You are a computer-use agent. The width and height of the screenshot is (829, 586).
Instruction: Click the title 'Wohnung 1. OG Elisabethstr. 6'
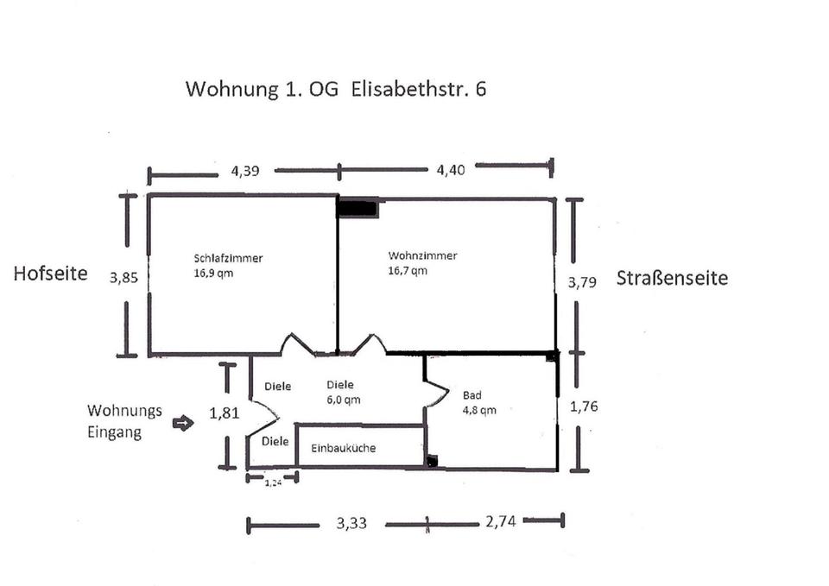point(336,89)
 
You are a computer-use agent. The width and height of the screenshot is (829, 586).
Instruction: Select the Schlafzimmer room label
point(228,265)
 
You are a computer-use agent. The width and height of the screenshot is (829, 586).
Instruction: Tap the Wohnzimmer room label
point(422,262)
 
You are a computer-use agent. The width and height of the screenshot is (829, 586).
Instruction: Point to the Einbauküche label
point(344,448)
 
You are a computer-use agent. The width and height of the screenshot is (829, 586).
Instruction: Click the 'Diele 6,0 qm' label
point(342,393)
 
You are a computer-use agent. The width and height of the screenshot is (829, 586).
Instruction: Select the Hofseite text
point(51,274)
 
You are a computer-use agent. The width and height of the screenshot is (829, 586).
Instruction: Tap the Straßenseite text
point(672,278)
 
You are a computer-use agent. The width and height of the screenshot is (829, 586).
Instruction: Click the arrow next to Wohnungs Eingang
point(183,423)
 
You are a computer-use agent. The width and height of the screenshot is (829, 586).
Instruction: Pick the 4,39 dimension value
point(244,170)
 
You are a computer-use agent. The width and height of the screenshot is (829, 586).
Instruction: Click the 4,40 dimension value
point(451,170)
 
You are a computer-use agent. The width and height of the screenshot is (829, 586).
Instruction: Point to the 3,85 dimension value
point(124,278)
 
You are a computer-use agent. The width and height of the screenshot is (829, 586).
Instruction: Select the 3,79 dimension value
point(580,282)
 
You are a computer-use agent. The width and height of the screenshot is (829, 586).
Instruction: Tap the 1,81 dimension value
point(224,413)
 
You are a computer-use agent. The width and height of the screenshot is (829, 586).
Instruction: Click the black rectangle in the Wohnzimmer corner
point(357,207)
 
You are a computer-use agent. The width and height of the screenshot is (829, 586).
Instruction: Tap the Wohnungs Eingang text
point(119,422)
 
